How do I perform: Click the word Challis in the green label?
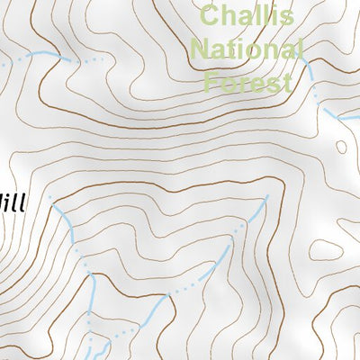(x=247, y=15)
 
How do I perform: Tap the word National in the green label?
(x=249, y=49)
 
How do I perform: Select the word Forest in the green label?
(x=248, y=83)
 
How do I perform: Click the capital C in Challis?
(x=211, y=15)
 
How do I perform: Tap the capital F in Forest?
(x=213, y=83)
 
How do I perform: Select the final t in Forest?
(x=288, y=83)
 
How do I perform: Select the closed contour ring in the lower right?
(x=341, y=147)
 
